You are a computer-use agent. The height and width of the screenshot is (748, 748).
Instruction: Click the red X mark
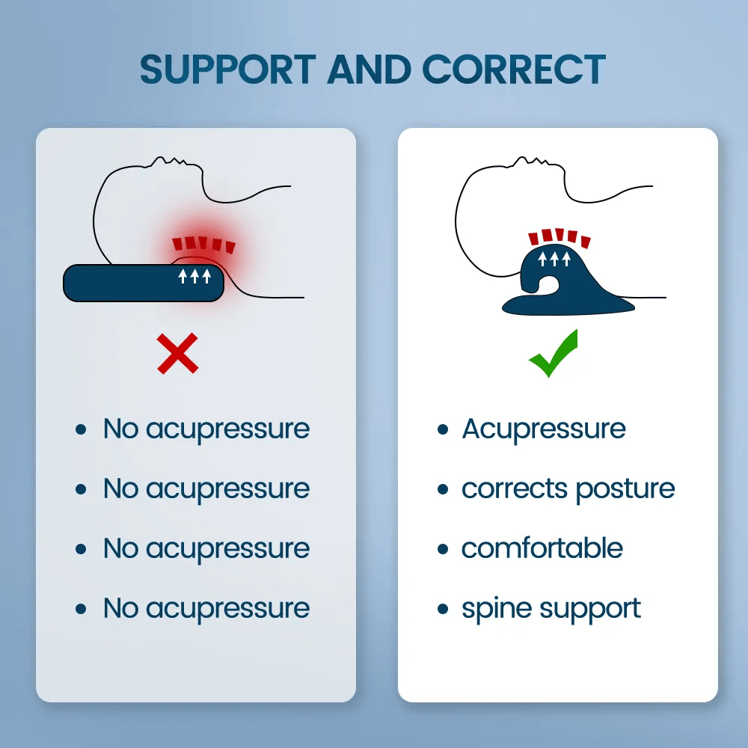pyautogui.click(x=178, y=354)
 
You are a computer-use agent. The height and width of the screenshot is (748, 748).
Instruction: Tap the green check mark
pyautogui.click(x=554, y=356)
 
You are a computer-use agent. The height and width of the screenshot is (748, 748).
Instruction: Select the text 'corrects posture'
pyautogui.click(x=568, y=488)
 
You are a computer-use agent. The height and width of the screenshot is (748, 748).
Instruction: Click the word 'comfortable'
pyautogui.click(x=542, y=548)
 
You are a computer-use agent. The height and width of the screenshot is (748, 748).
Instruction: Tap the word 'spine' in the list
pyautogui.click(x=494, y=609)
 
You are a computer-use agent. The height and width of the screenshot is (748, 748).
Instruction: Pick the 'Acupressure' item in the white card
pyautogui.click(x=543, y=429)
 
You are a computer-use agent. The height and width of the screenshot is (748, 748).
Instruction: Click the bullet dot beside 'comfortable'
pyautogui.click(x=443, y=549)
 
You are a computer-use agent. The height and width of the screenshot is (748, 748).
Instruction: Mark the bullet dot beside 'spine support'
pyautogui.click(x=443, y=609)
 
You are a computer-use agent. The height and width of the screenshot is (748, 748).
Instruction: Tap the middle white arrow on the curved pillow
pyautogui.click(x=554, y=260)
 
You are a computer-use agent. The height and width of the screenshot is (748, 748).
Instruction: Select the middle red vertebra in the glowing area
pyautogui.click(x=198, y=242)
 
